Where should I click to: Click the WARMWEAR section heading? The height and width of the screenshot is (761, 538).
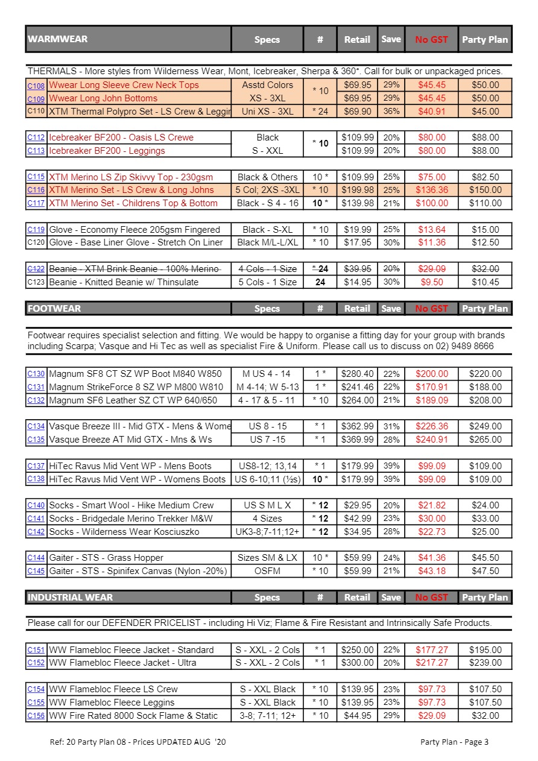click(x=58, y=39)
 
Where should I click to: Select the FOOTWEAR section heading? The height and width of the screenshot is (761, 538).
click(x=54, y=308)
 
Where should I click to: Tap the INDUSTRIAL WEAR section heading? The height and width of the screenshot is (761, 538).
click(x=70, y=597)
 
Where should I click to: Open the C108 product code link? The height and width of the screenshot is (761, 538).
click(x=36, y=86)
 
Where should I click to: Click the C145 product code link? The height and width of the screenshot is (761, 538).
click(x=36, y=571)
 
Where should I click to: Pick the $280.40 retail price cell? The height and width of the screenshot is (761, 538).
click(x=357, y=374)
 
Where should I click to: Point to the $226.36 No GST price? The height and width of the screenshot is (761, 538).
click(x=431, y=426)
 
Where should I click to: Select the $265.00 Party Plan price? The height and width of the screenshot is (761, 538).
click(x=485, y=440)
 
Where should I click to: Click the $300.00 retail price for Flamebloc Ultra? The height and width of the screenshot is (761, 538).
click(x=357, y=663)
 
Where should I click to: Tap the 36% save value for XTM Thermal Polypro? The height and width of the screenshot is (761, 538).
click(x=391, y=112)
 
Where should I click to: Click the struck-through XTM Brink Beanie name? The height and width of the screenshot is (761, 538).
click(x=134, y=269)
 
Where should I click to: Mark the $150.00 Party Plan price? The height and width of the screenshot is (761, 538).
click(x=485, y=190)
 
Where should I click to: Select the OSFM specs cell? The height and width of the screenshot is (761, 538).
click(x=267, y=571)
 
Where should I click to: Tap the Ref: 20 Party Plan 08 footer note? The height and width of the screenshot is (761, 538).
click(x=138, y=742)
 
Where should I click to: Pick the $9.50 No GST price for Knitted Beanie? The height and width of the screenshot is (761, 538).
click(x=431, y=282)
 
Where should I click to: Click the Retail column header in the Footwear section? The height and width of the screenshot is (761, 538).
click(x=357, y=309)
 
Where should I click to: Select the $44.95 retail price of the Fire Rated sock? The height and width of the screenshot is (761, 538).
click(x=357, y=716)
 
